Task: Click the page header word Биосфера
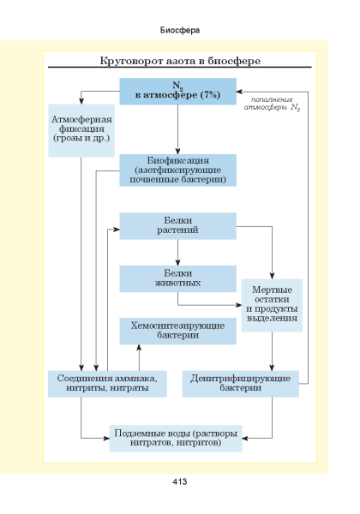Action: [180, 30]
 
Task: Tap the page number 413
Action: [180, 481]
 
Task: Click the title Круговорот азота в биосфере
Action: [180, 61]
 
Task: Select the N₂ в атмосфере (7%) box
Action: [177, 92]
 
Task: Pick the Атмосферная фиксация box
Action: [81, 130]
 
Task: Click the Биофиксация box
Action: [177, 170]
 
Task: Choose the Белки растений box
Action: [177, 226]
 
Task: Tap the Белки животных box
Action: [177, 278]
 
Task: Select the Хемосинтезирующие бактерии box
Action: [177, 331]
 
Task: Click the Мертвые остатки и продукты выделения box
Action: [272, 305]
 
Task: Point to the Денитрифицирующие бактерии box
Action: [240, 384]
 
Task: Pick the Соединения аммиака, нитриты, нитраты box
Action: [107, 384]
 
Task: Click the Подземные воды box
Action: [176, 439]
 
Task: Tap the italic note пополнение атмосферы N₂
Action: [272, 104]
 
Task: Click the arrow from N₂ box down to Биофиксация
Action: [177, 129]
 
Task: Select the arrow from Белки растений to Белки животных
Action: [177, 253]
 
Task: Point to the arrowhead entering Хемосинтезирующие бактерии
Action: [139, 348]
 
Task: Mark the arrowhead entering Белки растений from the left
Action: [116, 230]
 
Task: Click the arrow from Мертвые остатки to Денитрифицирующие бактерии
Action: [272, 351]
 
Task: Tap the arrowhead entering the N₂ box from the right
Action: [240, 92]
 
